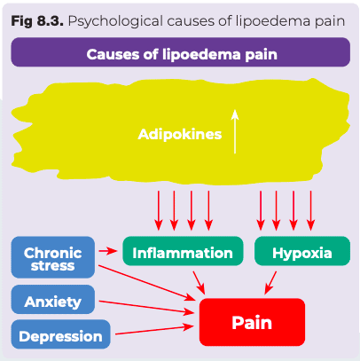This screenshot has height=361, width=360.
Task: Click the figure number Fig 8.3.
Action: pos(37,21)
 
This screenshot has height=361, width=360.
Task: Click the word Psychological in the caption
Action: pos(115,21)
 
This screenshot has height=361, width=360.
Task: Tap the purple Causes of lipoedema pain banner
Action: pos(181,52)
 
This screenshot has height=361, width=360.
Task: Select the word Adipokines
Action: pos(180,134)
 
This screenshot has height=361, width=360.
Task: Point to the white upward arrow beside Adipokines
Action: pos(235,131)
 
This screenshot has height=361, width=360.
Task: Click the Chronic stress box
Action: pos(53,257)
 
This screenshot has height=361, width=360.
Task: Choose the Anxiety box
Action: pos(53,300)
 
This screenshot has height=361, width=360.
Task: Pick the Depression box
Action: pos(60,334)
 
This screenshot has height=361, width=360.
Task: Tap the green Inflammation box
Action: pos(183,251)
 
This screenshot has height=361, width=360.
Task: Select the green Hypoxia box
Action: pos(302,251)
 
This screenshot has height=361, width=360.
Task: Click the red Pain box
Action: pos(252,322)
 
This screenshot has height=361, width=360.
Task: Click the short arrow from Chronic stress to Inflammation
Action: pos(108,251)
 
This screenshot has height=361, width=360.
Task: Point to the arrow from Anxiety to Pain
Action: pos(146,307)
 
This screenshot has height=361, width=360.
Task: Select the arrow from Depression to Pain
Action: pos(154,330)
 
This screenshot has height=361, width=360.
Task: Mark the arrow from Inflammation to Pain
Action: pos(199,283)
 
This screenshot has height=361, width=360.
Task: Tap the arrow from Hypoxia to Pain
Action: pos(270,283)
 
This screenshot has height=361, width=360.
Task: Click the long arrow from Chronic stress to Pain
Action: pos(147,283)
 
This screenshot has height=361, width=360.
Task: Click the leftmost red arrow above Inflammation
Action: pos(159,210)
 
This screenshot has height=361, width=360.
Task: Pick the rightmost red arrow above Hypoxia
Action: pos(310,210)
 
